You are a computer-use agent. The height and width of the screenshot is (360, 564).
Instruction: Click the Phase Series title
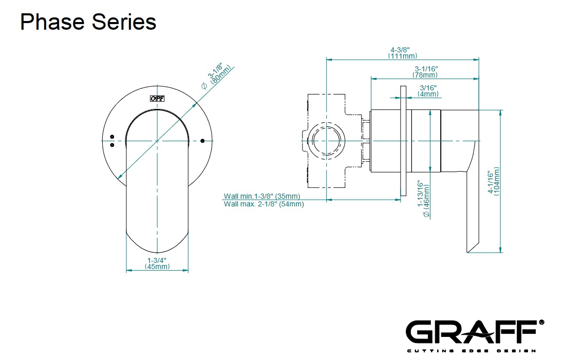click(x=88, y=22)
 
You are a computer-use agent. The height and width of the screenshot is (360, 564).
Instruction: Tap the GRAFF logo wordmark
click(x=472, y=332)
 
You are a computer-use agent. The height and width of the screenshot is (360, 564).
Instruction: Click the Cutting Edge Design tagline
click(x=472, y=351)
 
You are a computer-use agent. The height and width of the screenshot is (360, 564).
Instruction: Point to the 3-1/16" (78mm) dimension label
click(x=424, y=72)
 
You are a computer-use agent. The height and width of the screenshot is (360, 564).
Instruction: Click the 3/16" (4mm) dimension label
click(x=428, y=91)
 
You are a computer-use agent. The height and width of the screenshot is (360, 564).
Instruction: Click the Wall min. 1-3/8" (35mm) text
click(x=262, y=196)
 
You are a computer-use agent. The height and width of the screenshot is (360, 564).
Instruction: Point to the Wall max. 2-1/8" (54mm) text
click(x=264, y=204)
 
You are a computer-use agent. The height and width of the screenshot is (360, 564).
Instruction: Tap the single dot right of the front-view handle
click(x=202, y=140)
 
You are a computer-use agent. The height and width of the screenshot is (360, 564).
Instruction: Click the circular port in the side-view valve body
click(x=327, y=140)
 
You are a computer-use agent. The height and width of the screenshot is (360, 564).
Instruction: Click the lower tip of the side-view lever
click(x=468, y=249)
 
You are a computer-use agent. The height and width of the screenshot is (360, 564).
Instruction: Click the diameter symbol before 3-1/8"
click(x=203, y=86)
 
